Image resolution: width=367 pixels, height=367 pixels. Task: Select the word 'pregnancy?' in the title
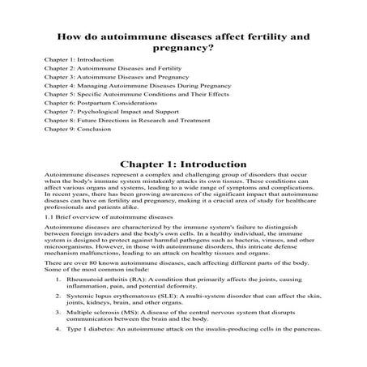click(183, 49)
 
